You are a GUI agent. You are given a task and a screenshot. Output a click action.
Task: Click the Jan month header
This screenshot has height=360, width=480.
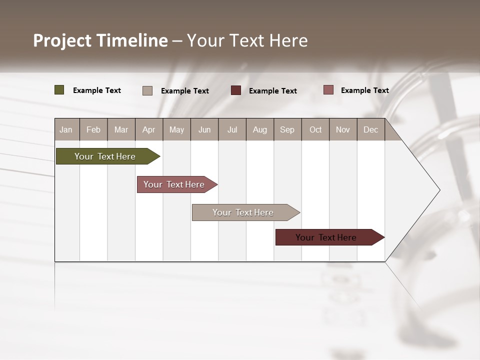pyautogui.click(x=66, y=129)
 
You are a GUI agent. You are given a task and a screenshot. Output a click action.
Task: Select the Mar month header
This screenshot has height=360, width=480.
pyautogui.click(x=121, y=129)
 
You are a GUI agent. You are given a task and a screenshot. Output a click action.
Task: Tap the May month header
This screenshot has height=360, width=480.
pyautogui.click(x=176, y=129)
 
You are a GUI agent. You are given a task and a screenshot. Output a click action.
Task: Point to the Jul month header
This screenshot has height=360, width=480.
pyautogui.click(x=232, y=129)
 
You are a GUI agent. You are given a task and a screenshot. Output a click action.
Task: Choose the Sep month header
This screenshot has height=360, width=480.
pyautogui.click(x=287, y=129)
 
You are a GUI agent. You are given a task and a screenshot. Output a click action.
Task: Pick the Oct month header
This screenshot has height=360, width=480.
pyautogui.click(x=315, y=129)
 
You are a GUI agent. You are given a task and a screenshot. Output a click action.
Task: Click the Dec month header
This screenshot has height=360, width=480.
pyautogui.click(x=370, y=129)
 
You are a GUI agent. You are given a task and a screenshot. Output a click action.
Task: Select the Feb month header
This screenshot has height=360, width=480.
pyautogui.click(x=93, y=129)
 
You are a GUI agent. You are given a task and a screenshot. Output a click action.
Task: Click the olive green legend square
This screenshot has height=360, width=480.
pyautogui.click(x=59, y=90)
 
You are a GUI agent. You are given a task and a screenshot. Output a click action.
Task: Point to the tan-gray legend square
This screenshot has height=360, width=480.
pyautogui.click(x=147, y=90)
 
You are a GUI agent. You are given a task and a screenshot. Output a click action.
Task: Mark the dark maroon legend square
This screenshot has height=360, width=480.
pyautogui.click(x=236, y=90)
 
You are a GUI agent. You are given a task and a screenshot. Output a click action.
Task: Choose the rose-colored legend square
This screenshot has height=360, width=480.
pyautogui.click(x=328, y=90)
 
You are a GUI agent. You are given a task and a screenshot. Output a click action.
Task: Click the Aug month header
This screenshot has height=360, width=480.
pyautogui.click(x=260, y=129)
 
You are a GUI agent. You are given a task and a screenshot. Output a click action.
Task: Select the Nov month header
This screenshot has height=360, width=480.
pyautogui.click(x=343, y=129)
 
